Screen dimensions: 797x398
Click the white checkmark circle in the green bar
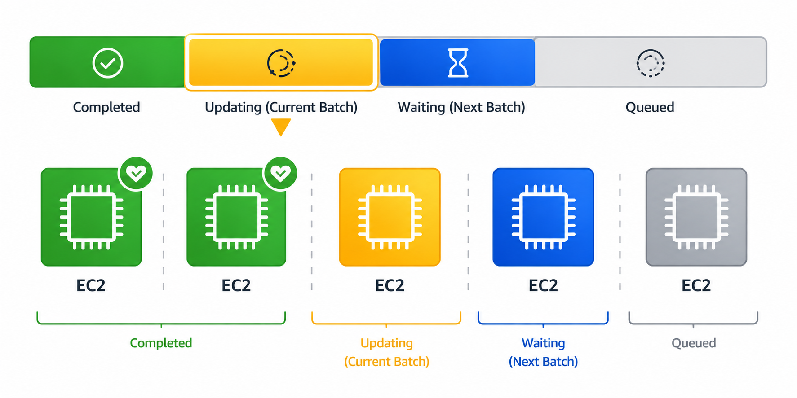point(108,63)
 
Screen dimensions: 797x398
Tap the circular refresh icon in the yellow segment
point(281,63)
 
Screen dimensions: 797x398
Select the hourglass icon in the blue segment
point(458,63)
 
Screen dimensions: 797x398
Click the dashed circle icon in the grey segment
point(650,63)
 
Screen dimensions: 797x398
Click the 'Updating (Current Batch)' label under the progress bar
point(281,108)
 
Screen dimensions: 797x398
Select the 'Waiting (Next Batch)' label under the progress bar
point(461,108)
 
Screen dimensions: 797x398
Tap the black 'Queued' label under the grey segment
point(650,108)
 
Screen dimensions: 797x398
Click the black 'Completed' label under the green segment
point(106,107)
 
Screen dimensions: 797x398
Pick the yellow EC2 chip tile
point(390,217)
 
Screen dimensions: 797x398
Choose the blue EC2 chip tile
point(543,217)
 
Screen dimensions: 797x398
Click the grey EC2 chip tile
point(696,217)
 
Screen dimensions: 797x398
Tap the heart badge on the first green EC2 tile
point(136,173)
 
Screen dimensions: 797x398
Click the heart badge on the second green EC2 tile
point(281,173)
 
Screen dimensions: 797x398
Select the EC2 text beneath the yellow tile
point(390,285)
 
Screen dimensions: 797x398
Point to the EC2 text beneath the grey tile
point(696,285)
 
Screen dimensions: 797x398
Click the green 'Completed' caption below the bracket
point(161,343)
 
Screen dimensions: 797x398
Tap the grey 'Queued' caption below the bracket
point(694,343)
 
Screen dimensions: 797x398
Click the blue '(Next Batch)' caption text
point(543,362)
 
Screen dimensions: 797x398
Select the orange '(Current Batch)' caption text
point(387,362)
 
